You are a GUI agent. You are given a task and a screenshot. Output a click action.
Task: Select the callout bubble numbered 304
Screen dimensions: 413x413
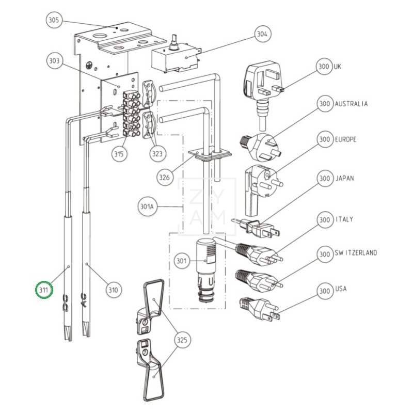click(262, 34)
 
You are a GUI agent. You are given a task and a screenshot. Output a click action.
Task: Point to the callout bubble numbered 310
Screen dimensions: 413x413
click(114, 290)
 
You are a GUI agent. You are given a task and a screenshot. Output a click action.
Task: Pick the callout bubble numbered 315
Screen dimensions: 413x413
click(119, 154)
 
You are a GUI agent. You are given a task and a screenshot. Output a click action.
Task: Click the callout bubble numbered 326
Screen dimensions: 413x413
click(165, 178)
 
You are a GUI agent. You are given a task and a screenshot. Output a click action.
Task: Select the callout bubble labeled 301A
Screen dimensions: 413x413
click(147, 207)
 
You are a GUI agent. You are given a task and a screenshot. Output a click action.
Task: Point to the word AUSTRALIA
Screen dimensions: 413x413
click(351, 104)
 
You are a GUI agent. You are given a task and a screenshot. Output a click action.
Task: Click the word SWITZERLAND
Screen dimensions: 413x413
click(355, 253)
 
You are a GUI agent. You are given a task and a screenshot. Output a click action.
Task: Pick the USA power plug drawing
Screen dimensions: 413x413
click(258, 308)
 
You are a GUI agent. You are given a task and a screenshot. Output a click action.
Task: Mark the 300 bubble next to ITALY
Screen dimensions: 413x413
click(324, 220)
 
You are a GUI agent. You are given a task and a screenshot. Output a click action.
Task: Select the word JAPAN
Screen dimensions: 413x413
click(344, 179)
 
